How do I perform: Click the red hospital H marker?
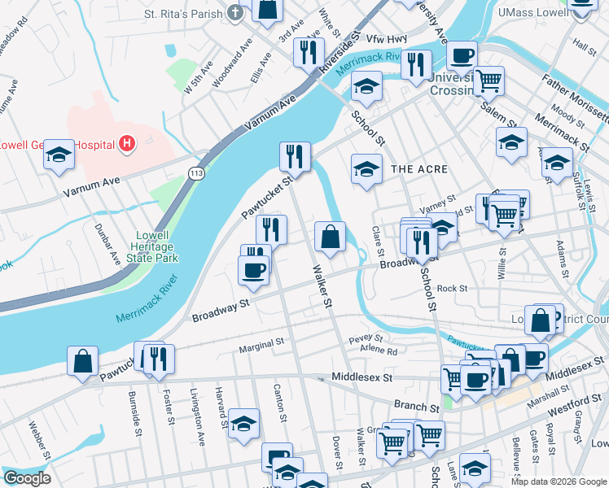tap(126, 145)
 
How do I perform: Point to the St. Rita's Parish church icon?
tap(235, 13)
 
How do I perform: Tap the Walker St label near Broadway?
tap(322, 285)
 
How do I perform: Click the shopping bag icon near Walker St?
tap(331, 237)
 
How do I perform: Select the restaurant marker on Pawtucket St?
tap(295, 156)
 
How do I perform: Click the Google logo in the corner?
tap(26, 478)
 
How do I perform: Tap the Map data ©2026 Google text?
tap(559, 481)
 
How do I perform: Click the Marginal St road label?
tap(261, 347)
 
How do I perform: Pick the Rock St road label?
tap(452, 288)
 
